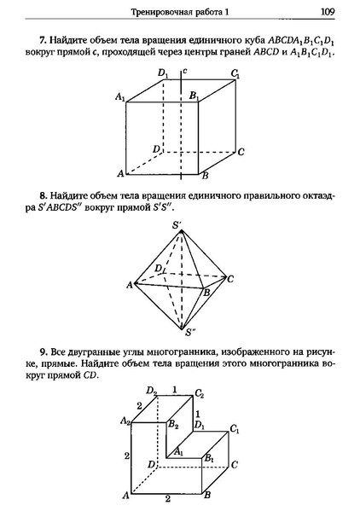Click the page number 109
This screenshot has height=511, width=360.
coord(327,12)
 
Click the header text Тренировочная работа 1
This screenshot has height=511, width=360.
coord(180,12)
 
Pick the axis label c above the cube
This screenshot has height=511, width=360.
coord(185,74)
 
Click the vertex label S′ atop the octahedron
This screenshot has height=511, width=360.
coord(178,225)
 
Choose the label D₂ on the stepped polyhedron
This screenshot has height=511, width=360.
coord(150,392)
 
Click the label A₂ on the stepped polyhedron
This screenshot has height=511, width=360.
coord(125,421)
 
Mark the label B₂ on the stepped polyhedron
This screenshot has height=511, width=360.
coord(173,423)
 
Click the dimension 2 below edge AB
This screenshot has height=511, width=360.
coord(167,498)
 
